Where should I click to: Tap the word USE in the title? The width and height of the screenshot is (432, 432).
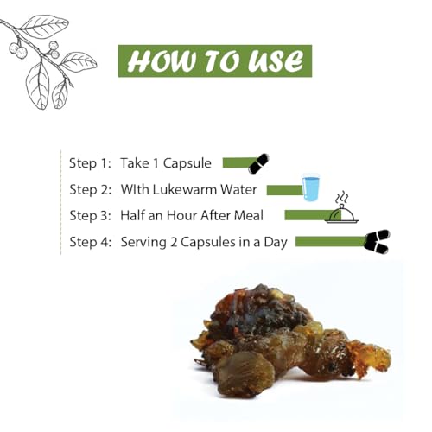pyautogui.click(x=276, y=61)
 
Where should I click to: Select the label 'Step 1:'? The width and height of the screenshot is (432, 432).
pyautogui.click(x=90, y=163)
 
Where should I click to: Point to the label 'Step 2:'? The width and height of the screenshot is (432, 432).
pyautogui.click(x=91, y=190)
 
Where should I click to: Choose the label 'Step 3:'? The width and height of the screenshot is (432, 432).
pyautogui.click(x=91, y=216)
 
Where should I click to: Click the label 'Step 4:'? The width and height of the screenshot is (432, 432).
pyautogui.click(x=91, y=242)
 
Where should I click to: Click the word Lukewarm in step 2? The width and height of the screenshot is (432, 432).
pyautogui.click(x=184, y=190)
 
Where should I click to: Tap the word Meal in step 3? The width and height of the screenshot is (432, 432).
pyautogui.click(x=249, y=216)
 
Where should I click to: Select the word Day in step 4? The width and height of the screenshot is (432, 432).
pyautogui.click(x=276, y=243)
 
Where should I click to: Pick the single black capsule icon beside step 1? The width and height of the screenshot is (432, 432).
pyautogui.click(x=258, y=163)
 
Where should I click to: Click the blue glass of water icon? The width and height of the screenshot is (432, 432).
pyautogui.click(x=311, y=187)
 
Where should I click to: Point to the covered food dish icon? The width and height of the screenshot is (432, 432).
pyautogui.click(x=342, y=214)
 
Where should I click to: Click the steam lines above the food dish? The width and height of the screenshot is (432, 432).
pyautogui.click(x=342, y=198)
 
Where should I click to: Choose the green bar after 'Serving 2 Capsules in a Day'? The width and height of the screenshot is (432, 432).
pyautogui.click(x=331, y=241)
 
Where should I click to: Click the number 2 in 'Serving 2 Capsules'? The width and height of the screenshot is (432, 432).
pyautogui.click(x=173, y=242)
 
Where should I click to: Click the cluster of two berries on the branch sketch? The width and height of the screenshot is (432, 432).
pyautogui.click(x=19, y=50)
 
